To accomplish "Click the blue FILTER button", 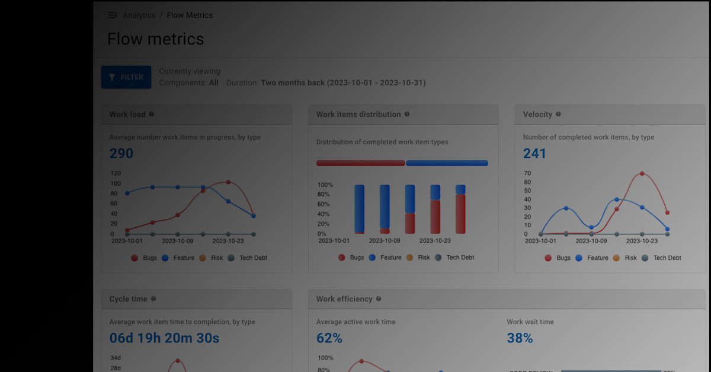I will coord(126,77).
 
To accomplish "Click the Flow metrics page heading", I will coord(155,39).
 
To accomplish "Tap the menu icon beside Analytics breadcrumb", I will coord(113,15).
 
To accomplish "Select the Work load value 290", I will coord(121,154).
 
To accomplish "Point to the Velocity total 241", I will coord(534,154).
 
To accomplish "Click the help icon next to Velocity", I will coord(558,115).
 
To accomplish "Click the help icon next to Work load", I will coord(152,115).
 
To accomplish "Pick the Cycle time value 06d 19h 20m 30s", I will coord(164,339).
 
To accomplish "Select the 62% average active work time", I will coord(329,339).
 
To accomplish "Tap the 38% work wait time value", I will coord(520,339).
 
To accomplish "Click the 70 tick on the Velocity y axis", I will coord(527,173).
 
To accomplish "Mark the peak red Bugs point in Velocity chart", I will coord(642,174).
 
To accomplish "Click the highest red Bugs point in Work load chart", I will coord(228,182).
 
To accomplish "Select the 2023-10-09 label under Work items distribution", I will coord(384,241).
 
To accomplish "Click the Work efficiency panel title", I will coord(344,299).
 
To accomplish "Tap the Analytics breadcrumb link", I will coord(139,15).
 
